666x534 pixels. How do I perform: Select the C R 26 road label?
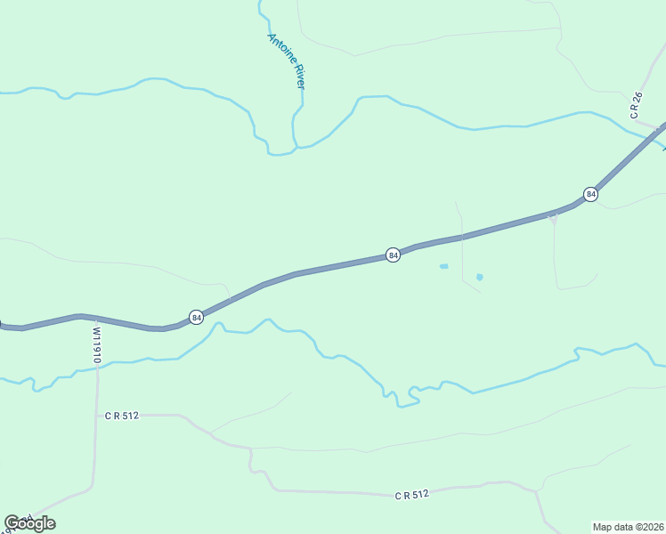(x=636, y=105)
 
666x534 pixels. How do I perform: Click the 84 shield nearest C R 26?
(x=590, y=194)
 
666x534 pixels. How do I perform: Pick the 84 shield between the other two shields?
(x=393, y=255)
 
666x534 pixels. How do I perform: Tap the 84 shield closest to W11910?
(x=196, y=317)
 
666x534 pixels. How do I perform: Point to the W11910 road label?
(x=96, y=344)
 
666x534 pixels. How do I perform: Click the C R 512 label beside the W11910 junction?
(x=121, y=416)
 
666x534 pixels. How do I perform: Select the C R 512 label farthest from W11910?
(x=411, y=494)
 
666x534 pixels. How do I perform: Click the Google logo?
(x=29, y=523)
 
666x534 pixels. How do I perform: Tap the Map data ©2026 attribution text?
(x=628, y=527)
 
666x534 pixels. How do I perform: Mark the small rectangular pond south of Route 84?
(x=443, y=266)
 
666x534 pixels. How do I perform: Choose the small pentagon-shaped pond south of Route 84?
(x=479, y=277)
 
